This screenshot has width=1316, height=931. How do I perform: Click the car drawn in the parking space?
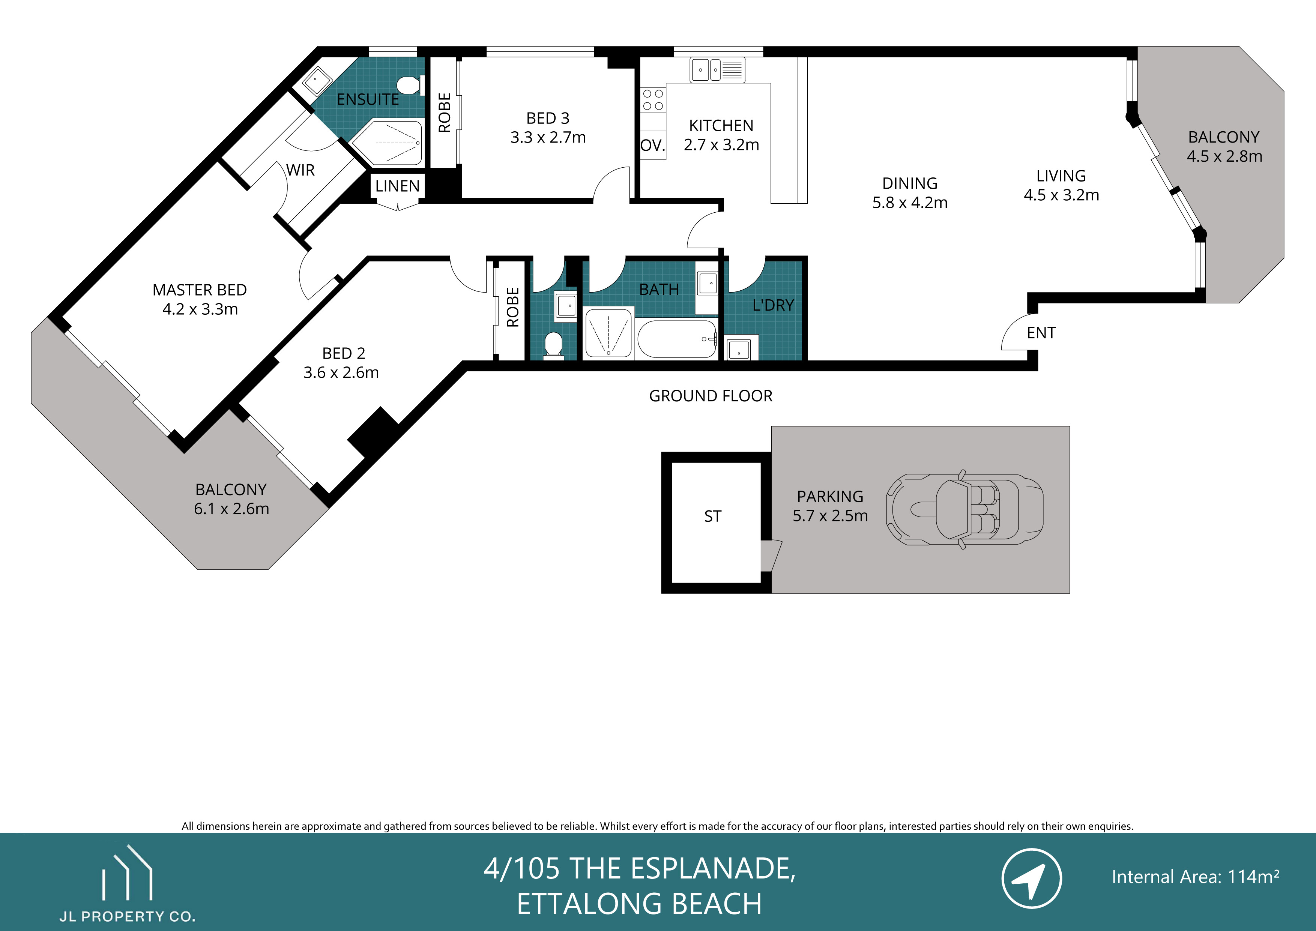964,509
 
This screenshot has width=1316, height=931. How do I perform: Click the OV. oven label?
652,146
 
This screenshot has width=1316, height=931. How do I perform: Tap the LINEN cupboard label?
397,186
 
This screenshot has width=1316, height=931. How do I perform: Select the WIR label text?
300,170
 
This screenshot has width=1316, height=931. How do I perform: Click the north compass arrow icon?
1031,878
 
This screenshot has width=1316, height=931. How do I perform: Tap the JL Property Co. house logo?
127,874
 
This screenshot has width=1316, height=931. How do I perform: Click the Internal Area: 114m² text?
1195,877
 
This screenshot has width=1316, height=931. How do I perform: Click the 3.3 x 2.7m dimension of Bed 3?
548,138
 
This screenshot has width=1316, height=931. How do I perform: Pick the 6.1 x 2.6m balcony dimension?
231,509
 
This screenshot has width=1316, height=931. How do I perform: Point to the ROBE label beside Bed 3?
444,113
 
